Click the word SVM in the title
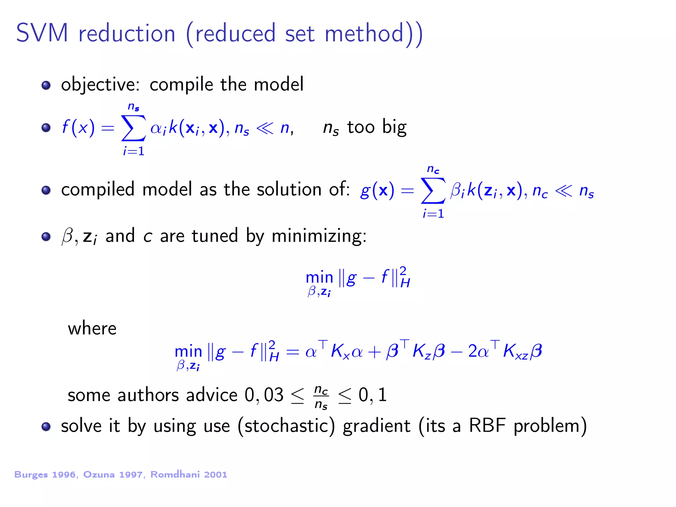(42, 33)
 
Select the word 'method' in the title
(364, 33)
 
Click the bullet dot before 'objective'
(46, 85)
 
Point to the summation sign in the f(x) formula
(133, 128)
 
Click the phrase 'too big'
(377, 127)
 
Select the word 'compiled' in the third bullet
(98, 190)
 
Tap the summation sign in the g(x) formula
(433, 191)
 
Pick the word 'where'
(92, 328)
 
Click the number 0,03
(264, 395)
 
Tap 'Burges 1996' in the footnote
(45, 475)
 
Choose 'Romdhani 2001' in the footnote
(189, 475)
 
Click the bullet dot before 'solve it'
(46, 426)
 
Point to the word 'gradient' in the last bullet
(376, 426)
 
